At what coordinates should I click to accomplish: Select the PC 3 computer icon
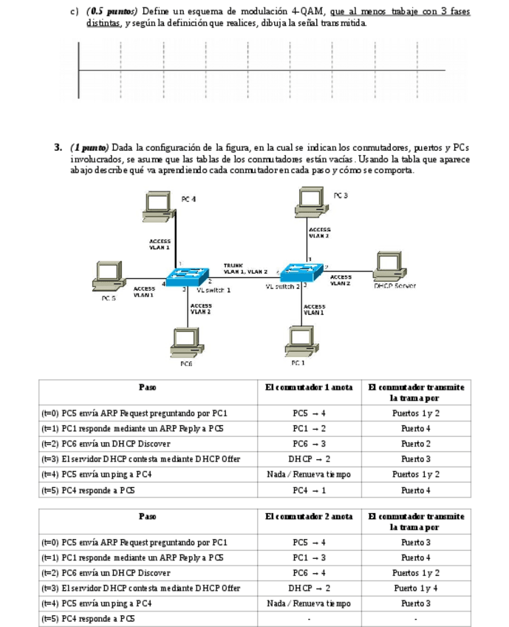(x=314, y=201)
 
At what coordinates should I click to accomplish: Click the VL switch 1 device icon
(x=188, y=277)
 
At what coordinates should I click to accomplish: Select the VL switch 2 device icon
(x=301, y=273)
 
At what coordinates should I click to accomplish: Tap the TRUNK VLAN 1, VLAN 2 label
(x=245, y=268)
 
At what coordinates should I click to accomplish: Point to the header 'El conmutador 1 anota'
(x=309, y=387)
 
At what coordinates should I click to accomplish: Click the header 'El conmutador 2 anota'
(x=309, y=516)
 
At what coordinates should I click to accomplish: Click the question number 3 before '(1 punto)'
(x=58, y=147)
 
